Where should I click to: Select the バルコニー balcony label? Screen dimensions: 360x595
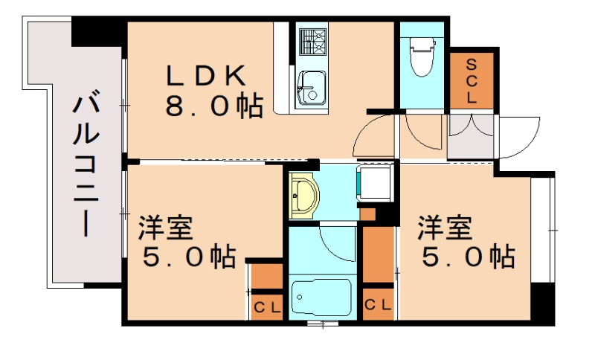click(86, 164)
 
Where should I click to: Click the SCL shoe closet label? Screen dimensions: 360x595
click(472, 81)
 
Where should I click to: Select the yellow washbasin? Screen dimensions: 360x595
click(303, 196)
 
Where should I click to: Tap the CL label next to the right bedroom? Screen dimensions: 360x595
click(378, 305)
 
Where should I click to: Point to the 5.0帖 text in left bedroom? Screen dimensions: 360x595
click(190, 257)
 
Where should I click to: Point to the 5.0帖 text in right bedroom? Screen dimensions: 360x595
click(469, 257)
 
